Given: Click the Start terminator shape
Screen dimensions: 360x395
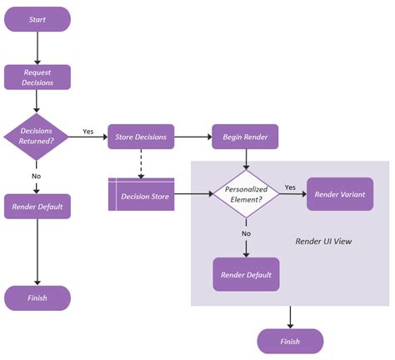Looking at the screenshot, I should pos(37,19).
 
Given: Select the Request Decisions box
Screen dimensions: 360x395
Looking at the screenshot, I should pos(37,77).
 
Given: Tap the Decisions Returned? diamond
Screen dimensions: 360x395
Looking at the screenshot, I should pos(37,136).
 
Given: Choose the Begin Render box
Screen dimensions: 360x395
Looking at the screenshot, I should pos(245,136).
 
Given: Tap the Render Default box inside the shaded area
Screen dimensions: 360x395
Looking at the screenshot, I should pos(246,273).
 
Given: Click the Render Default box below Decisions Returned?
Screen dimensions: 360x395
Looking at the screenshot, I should pos(37,206).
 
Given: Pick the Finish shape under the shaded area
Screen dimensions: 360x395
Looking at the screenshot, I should pos(290,341).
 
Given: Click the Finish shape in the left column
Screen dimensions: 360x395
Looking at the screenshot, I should pos(37,297).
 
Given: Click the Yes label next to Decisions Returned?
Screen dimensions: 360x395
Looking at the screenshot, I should pos(88,131).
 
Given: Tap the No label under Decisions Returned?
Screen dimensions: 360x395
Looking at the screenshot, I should pos(37,176).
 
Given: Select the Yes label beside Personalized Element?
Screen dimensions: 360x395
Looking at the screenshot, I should pos(290,187).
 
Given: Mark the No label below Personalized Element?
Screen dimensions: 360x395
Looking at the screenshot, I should pos(246,233).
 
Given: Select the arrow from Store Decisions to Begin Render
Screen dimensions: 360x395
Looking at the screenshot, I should pos(193,136).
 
